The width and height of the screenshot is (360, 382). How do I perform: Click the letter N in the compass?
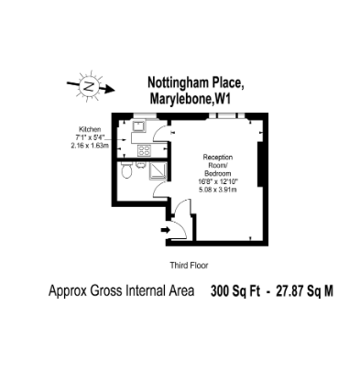click(x=89, y=87)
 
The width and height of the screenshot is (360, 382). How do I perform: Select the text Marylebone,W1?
click(x=190, y=99)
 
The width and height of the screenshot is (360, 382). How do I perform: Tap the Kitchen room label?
click(x=90, y=129)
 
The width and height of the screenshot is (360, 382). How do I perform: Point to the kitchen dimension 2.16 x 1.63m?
click(x=90, y=146)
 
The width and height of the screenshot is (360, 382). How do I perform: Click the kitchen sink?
click(x=140, y=126)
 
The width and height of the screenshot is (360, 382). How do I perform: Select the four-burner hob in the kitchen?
click(x=145, y=149)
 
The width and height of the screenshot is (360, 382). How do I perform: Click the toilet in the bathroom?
click(x=126, y=169)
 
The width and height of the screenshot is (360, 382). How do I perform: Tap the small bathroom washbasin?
click(x=140, y=165)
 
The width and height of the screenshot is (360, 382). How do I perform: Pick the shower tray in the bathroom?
click(x=158, y=170)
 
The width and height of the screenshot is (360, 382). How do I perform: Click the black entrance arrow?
click(x=166, y=230)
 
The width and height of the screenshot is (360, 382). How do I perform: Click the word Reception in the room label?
click(x=218, y=158)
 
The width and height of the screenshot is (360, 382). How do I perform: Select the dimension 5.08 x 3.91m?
click(x=218, y=190)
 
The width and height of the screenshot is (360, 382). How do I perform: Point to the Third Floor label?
click(x=189, y=266)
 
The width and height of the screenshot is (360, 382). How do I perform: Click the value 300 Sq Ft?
click(x=235, y=291)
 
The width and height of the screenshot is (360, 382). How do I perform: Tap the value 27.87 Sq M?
click(x=304, y=291)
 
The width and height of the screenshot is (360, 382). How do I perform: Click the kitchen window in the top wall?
click(x=145, y=115)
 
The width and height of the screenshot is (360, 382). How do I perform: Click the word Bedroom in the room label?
click(x=218, y=173)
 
